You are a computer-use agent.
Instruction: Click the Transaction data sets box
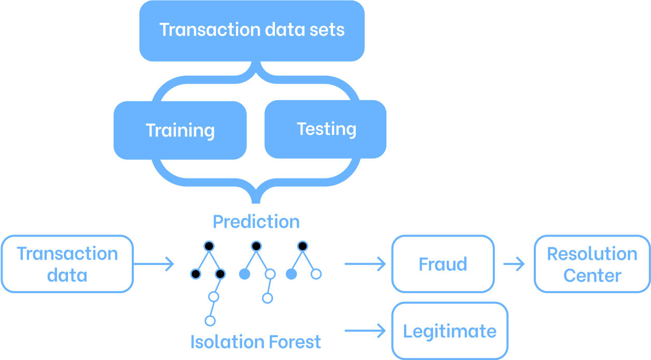click(252, 30)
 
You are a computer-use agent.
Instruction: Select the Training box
click(180, 130)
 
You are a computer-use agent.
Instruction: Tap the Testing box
click(326, 129)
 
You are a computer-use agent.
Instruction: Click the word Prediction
click(256, 222)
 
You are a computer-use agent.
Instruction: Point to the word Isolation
click(227, 342)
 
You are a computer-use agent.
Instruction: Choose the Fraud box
click(443, 264)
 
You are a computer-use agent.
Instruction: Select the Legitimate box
click(450, 331)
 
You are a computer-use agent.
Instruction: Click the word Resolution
click(592, 254)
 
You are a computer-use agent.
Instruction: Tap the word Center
click(592, 275)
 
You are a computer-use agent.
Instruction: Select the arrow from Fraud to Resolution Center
click(514, 264)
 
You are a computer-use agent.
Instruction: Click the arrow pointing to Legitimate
click(365, 330)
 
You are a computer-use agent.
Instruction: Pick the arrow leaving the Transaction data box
click(154, 264)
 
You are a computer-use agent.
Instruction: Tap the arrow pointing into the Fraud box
click(365, 264)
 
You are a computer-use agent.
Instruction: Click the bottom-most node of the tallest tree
click(210, 321)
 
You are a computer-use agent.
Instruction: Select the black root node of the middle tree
click(256, 245)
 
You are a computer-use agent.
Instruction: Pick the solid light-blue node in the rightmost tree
click(292, 274)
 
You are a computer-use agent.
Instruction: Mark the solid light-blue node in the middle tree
click(244, 274)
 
